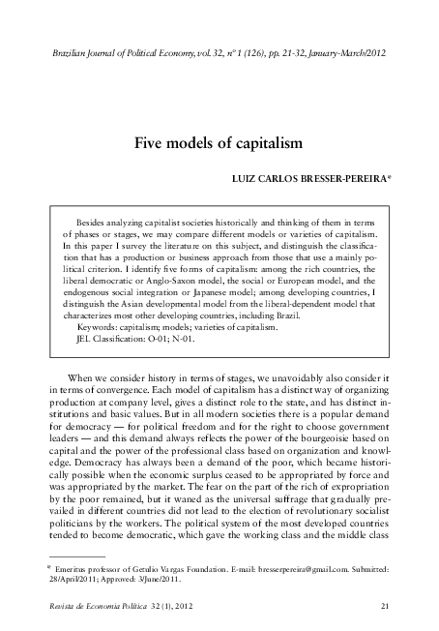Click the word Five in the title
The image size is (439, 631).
(151, 142)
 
